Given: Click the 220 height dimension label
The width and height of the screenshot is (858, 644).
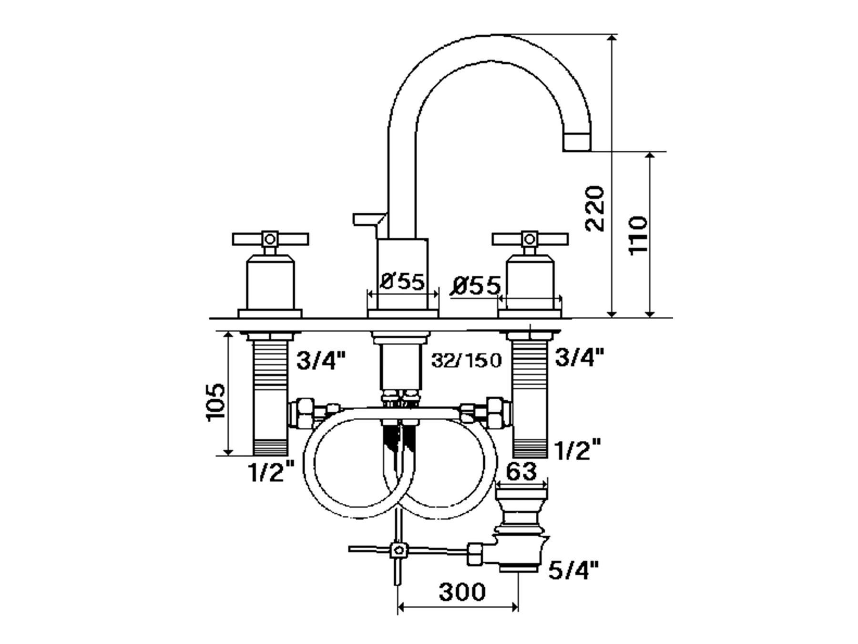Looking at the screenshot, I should pyautogui.click(x=595, y=208).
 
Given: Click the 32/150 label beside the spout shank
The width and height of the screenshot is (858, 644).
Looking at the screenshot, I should pyautogui.click(x=466, y=361).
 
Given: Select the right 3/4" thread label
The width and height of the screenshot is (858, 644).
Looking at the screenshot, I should pyautogui.click(x=579, y=357).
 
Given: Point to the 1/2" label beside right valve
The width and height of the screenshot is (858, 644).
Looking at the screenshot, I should pyautogui.click(x=577, y=450).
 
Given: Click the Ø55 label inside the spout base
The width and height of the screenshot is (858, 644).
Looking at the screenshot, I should pyautogui.click(x=402, y=281).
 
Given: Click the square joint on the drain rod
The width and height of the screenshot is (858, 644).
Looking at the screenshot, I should pyautogui.click(x=398, y=550).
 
